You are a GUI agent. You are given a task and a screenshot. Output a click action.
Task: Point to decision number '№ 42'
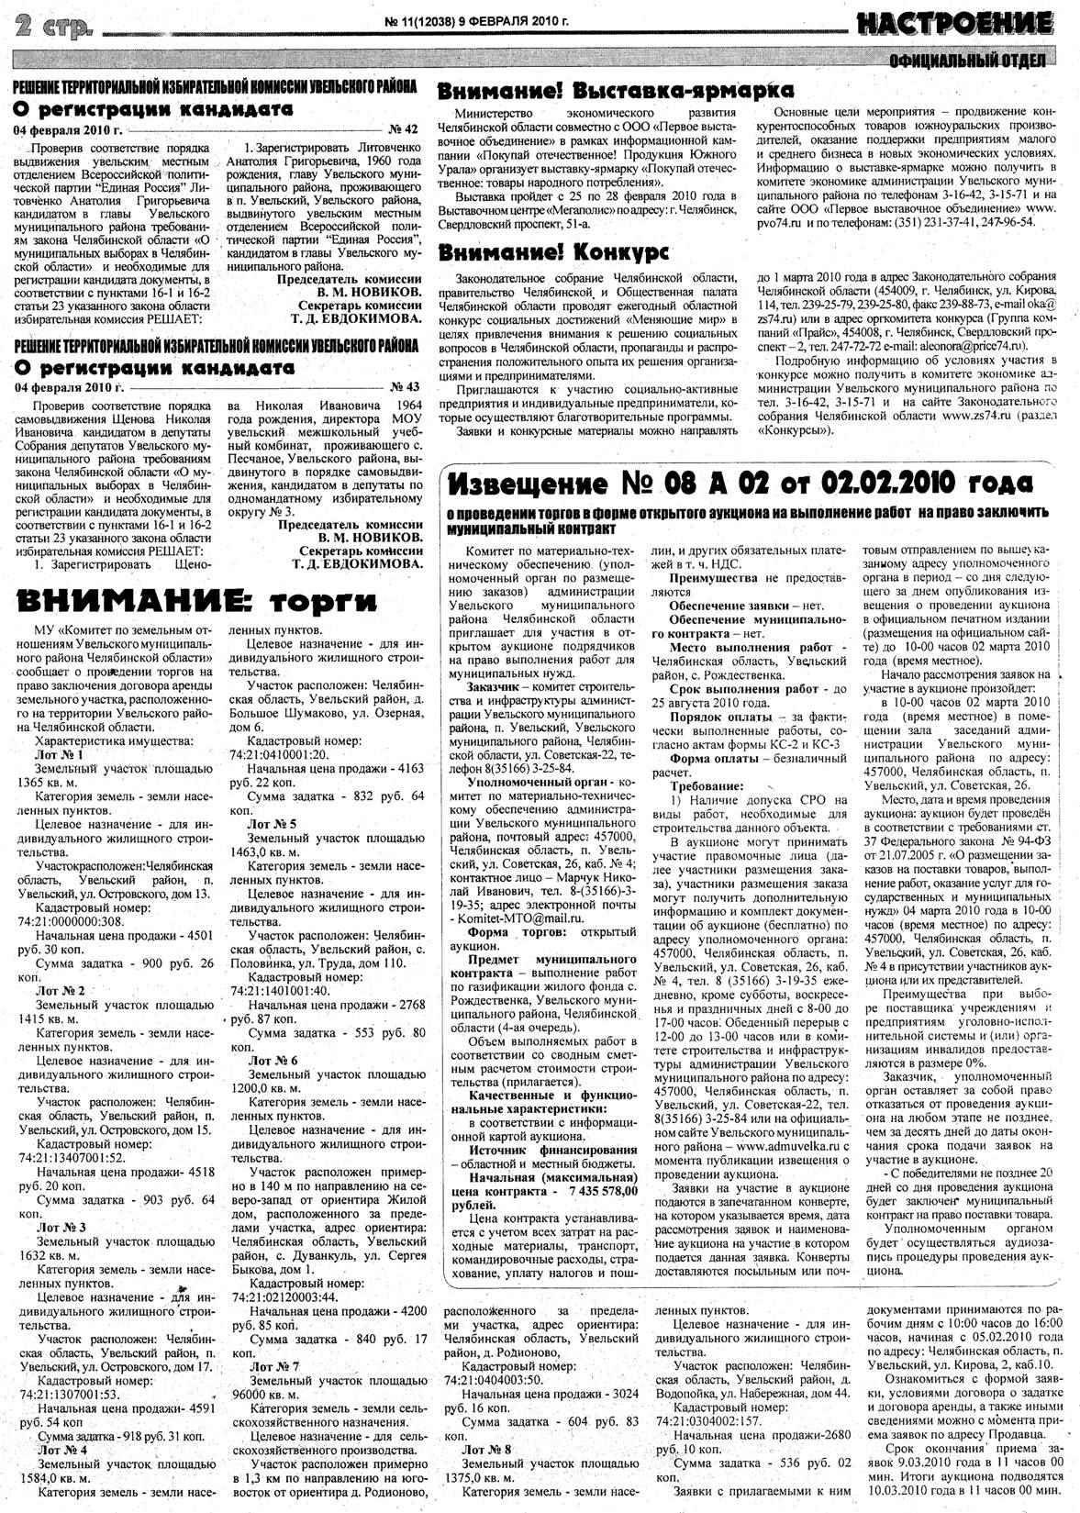click(404, 129)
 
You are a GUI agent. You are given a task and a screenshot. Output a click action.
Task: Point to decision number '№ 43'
click(405, 386)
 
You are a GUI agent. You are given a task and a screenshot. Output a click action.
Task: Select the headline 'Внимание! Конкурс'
click(552, 252)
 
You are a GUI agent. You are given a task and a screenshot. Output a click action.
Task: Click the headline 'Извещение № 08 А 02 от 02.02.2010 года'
click(742, 483)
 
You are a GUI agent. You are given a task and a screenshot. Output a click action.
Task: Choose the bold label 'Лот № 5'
click(272, 825)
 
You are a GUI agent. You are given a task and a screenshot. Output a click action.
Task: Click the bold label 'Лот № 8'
click(487, 1449)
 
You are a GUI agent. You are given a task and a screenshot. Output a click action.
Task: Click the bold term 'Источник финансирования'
click(552, 1150)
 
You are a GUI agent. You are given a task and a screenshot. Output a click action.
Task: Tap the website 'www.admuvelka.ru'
click(787, 1146)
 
